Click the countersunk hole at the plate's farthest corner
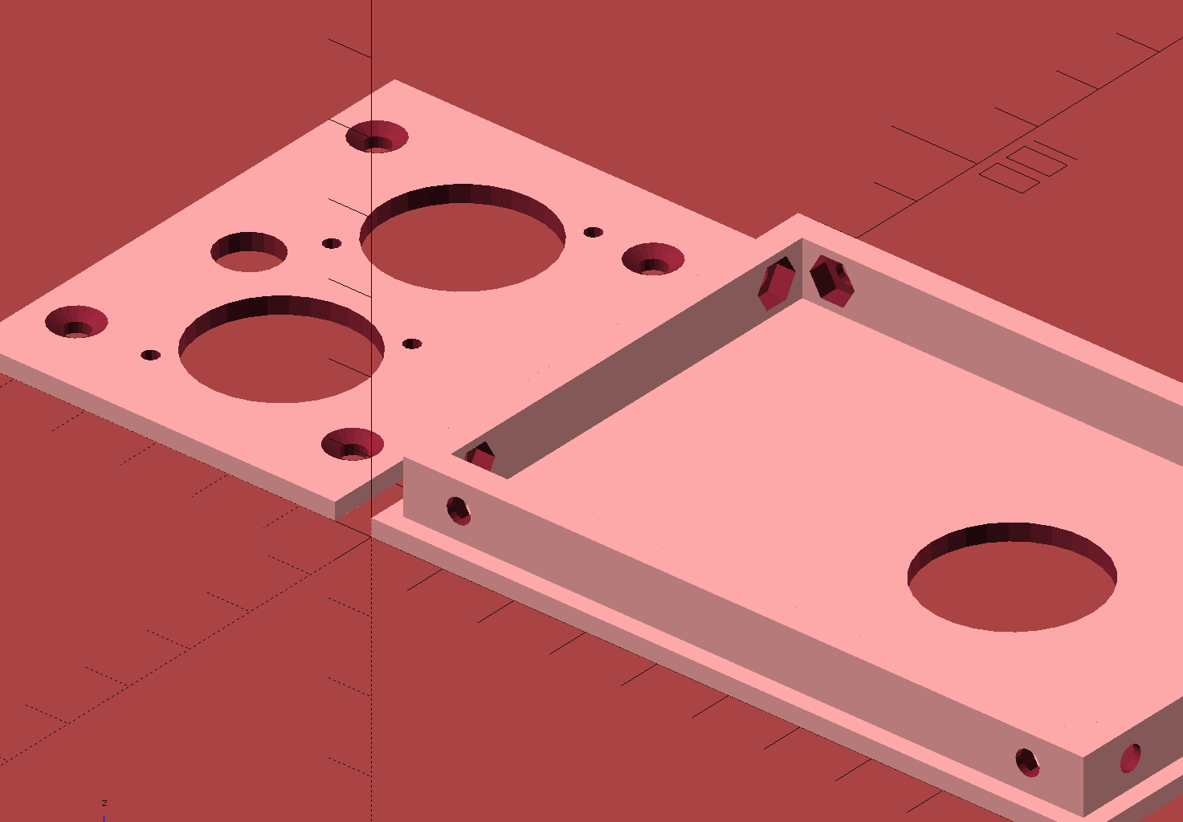click(377, 137)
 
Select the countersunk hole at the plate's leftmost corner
click(76, 322)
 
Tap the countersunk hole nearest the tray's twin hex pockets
click(653, 259)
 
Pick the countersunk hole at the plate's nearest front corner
click(352, 444)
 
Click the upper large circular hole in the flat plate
click(463, 238)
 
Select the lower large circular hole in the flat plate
click(281, 350)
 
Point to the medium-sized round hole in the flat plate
click(249, 252)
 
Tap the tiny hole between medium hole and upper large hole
click(332, 243)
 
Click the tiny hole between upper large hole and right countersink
click(593, 232)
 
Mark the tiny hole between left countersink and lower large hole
click(150, 355)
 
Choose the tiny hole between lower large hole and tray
click(412, 344)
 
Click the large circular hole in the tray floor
click(1012, 578)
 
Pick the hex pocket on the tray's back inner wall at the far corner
click(832, 280)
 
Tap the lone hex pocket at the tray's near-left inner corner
click(482, 457)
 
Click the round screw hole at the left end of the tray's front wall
click(459, 511)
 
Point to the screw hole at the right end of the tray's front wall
click(1027, 762)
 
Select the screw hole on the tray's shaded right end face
click(1130, 758)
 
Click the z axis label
click(104, 803)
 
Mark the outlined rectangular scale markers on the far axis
click(1023, 167)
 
